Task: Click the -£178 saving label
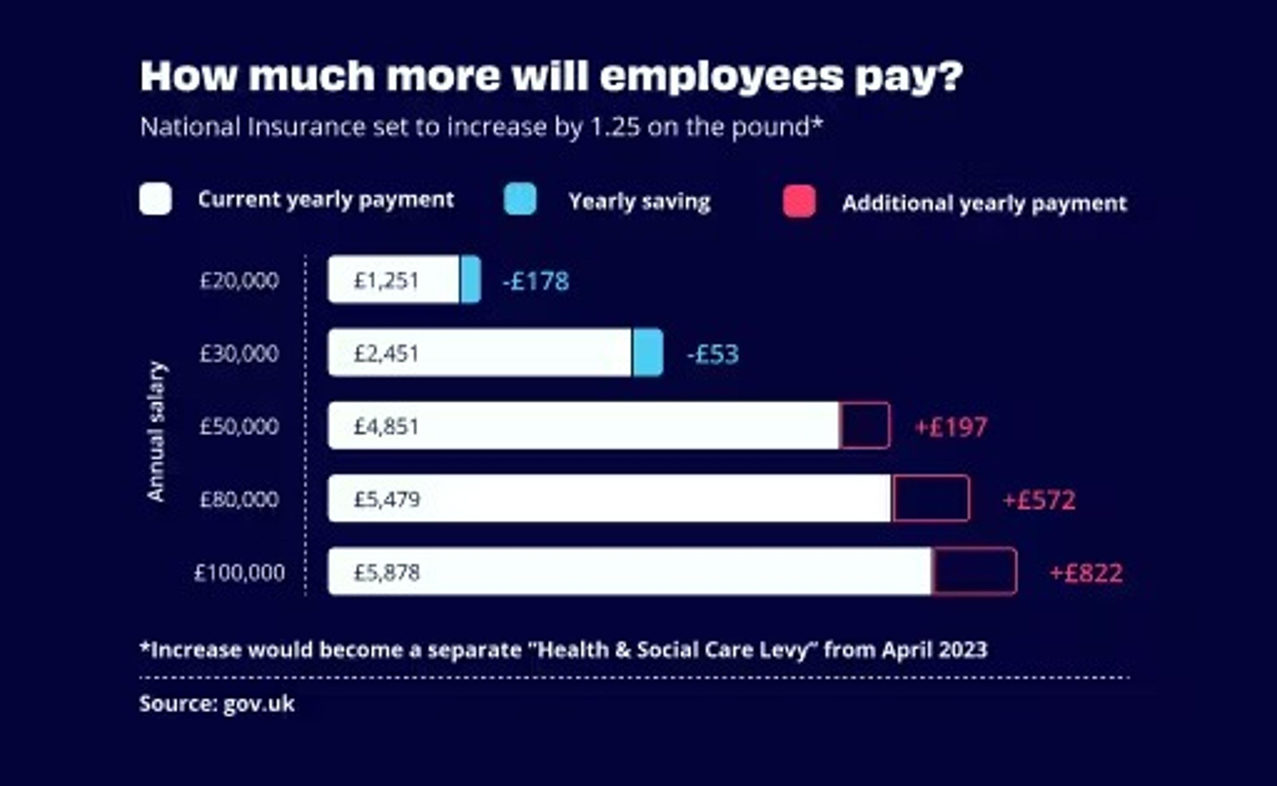coord(536,281)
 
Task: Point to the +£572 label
coord(1039,500)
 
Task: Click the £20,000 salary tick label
coord(239,281)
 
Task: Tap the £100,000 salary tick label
coord(239,573)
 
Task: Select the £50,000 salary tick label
coord(239,427)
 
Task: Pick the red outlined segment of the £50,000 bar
coord(864,425)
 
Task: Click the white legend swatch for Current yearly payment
coord(155,199)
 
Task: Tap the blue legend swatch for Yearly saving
coord(520,199)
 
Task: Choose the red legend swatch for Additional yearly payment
coord(799,201)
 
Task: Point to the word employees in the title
coord(722,77)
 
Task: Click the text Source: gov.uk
coord(217,704)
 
